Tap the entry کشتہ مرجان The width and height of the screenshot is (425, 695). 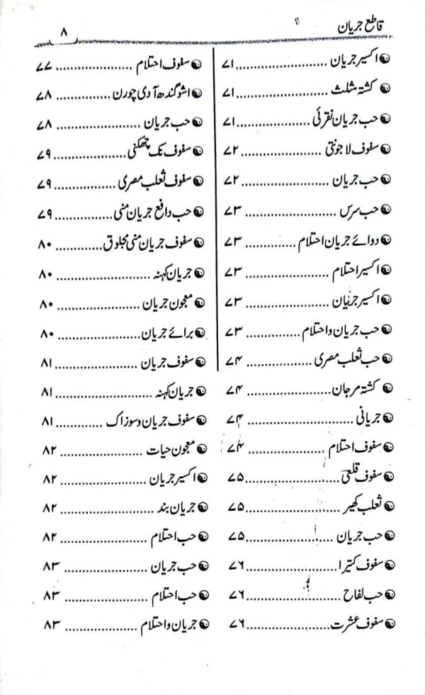coord(346,390)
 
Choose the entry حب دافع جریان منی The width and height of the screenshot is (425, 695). coord(149,213)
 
